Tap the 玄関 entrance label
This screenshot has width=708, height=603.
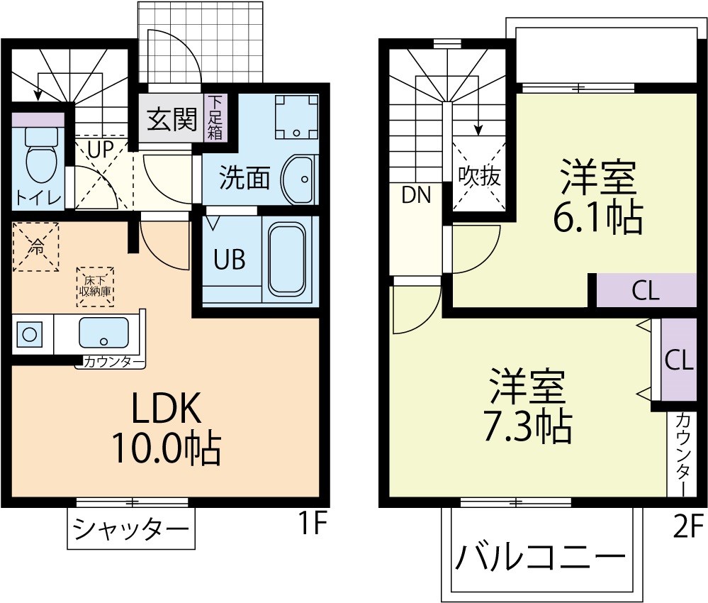click(172, 120)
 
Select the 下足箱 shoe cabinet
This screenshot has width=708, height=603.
click(215, 118)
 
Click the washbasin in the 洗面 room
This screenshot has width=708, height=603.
click(298, 179)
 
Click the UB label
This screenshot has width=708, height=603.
click(230, 260)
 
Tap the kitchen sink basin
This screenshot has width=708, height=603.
click(103, 332)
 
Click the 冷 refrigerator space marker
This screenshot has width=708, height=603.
click(35, 246)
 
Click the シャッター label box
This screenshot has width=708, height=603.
click(132, 529)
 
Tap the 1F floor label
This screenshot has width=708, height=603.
click(310, 526)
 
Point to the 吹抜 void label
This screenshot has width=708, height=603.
click(479, 175)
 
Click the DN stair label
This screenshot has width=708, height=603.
click(416, 196)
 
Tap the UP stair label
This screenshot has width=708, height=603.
click(101, 150)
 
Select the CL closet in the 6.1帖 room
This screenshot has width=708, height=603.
click(646, 291)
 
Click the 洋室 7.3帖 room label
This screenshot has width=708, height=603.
click(528, 404)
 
